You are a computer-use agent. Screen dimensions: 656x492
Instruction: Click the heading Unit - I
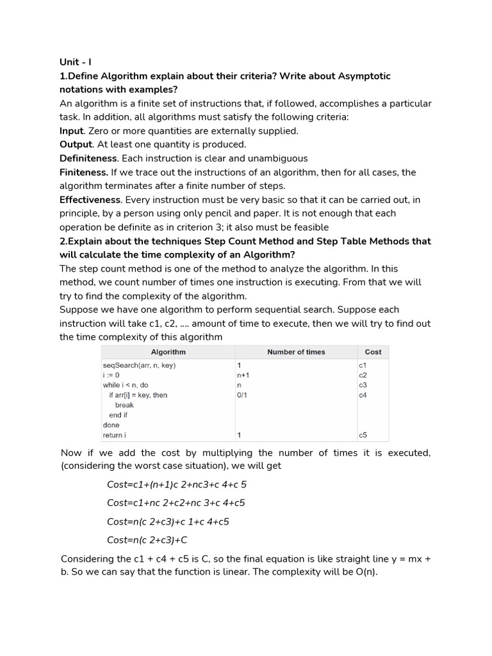pos(76,62)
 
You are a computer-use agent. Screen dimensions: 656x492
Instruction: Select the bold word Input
pos(71,131)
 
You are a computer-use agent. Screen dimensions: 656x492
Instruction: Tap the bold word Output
pos(76,144)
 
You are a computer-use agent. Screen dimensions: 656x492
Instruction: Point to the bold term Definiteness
pos(88,158)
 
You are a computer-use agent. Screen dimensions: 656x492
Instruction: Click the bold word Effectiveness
pos(90,199)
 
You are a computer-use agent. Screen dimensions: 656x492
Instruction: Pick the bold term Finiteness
pos(84,172)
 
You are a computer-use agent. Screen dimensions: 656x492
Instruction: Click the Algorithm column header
pos(168,352)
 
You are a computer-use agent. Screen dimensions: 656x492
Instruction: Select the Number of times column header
pos(296,352)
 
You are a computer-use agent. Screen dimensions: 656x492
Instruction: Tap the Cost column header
pos(372,352)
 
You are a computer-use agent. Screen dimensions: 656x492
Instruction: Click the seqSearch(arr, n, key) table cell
pos(139,365)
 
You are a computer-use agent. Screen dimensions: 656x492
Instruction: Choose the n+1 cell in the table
pos(243,375)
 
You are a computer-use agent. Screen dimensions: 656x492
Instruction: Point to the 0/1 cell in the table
pos(242,395)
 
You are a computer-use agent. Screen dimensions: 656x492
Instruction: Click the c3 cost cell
pos(363,385)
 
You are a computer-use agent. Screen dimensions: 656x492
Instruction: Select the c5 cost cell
pos(363,436)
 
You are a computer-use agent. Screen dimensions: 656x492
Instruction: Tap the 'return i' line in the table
pos(115,436)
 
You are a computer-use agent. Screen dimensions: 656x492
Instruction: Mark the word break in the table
pos(124,406)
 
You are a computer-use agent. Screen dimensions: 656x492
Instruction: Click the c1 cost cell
pos(363,365)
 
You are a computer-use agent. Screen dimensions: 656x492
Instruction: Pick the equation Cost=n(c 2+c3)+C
pos(147,539)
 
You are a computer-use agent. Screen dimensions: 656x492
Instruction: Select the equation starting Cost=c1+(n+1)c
pos(176,484)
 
